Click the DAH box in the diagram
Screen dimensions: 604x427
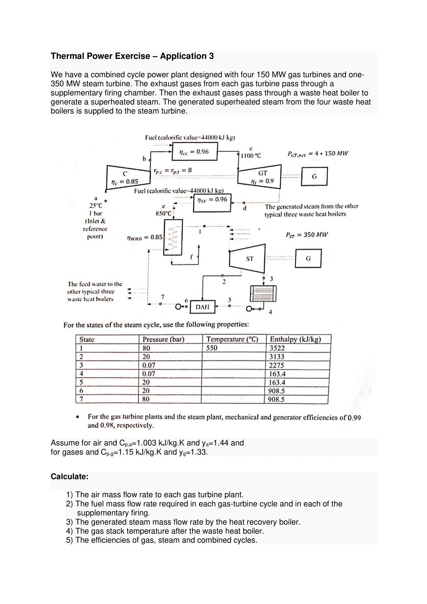pos(202,307)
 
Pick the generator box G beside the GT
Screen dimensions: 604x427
pos(314,177)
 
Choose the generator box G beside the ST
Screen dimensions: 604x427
pos(308,258)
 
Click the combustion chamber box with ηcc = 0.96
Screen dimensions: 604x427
pos(195,152)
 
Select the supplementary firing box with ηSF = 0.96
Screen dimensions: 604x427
pos(212,202)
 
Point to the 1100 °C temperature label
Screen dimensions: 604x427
pos(251,156)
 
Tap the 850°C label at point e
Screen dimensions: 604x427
pos(163,213)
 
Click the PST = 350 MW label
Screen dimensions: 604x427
pos(307,235)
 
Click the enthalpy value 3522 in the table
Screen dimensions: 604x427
pos(277,348)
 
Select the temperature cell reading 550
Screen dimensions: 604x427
pos(212,348)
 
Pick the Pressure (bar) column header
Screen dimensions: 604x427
pos(163,339)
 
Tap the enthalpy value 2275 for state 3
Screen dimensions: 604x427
pos(276,365)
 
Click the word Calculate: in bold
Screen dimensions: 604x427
pos(70,476)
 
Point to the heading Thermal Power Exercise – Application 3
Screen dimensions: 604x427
pos(132,56)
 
